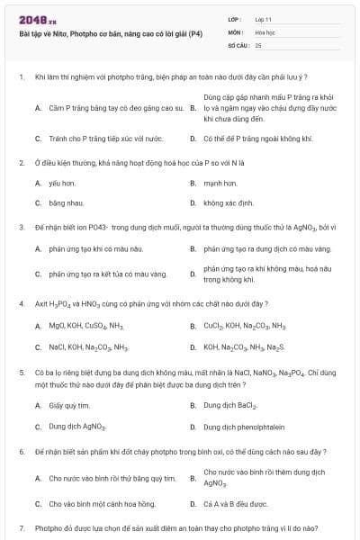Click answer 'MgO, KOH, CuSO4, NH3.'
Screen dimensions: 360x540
point(86,325)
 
